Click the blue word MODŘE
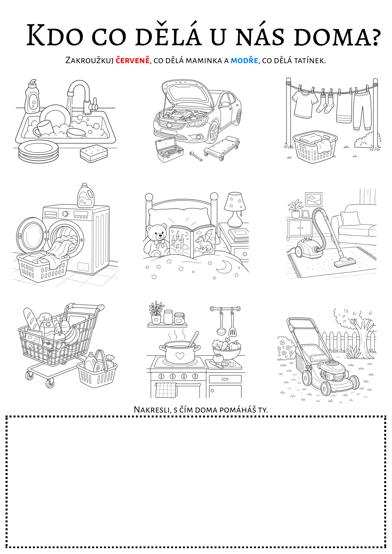coord(244,60)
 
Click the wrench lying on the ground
coord(196,156)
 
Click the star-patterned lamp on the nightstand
coord(235,209)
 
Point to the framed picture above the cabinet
coord(314,199)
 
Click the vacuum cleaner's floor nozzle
coord(345,262)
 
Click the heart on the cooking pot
coord(180,356)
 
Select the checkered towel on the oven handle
coord(166,390)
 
